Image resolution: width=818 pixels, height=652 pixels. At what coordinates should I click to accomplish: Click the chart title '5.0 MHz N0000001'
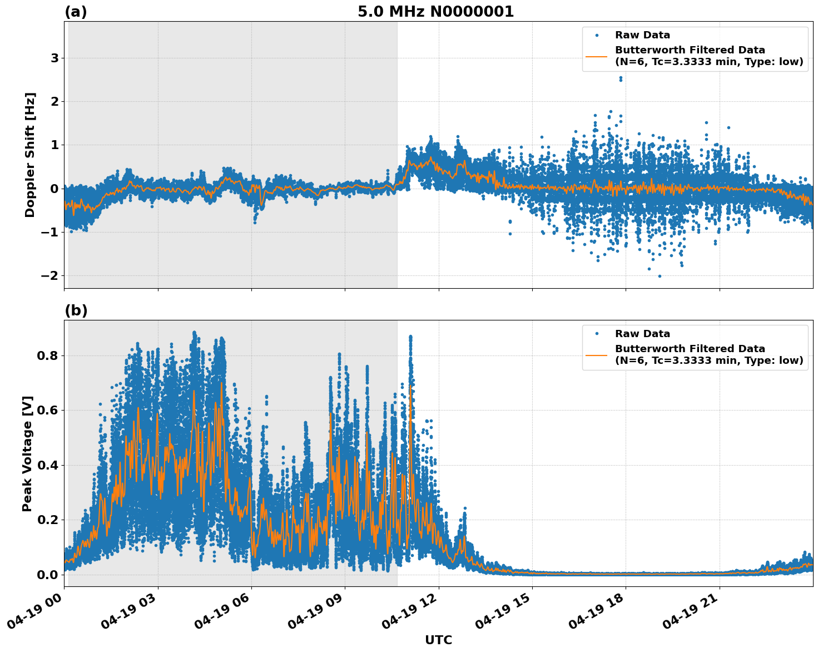click(435, 12)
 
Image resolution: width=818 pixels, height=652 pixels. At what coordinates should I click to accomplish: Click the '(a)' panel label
click(76, 12)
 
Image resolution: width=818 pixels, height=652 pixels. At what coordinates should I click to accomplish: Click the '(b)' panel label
click(76, 310)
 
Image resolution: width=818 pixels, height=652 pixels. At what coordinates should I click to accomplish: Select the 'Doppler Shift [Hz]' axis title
click(30, 155)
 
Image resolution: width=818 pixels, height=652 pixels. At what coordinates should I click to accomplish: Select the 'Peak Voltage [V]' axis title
click(27, 453)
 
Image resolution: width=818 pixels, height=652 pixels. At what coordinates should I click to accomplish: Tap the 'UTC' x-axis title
click(438, 640)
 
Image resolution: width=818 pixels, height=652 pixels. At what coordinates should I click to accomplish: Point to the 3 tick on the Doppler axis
click(54, 58)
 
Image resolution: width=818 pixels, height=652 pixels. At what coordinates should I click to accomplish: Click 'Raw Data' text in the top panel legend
click(642, 35)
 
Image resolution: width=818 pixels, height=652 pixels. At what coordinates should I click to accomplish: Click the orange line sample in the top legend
click(597, 56)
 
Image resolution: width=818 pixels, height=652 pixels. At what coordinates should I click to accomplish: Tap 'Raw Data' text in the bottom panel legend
click(642, 334)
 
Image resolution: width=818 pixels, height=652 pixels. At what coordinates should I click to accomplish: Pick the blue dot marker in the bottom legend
click(597, 334)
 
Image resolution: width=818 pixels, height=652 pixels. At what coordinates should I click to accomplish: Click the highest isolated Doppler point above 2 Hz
click(621, 78)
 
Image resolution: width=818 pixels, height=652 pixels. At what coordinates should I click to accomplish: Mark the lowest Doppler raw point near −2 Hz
click(660, 276)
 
